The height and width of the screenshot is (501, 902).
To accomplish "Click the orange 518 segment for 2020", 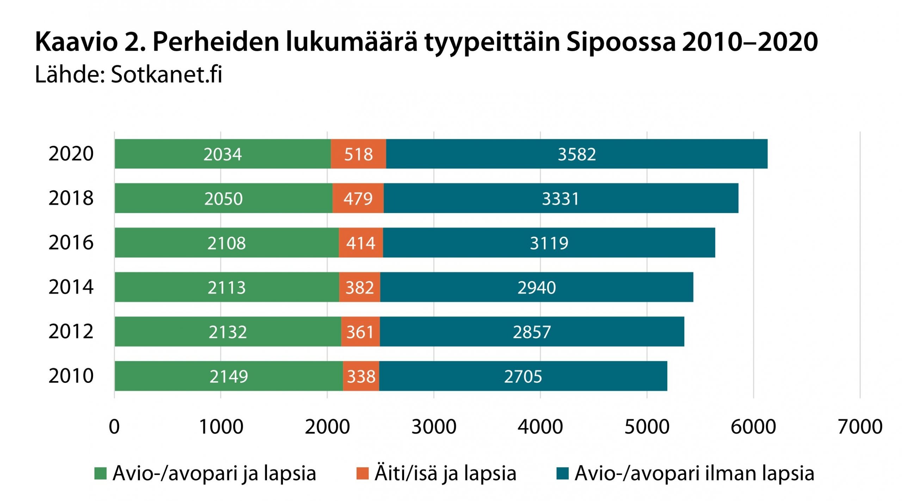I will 358,154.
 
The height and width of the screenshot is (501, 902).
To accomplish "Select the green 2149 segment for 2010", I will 228,376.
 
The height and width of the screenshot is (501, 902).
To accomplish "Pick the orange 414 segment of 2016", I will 361,243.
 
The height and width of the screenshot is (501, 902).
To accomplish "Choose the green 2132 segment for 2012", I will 228,332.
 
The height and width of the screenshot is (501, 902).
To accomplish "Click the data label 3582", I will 577,154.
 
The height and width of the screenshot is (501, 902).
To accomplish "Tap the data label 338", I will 361,377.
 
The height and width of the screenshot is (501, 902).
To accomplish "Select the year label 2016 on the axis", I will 71,243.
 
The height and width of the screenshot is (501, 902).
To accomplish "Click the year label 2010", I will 71,376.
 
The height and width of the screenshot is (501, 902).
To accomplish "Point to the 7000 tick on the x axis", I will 860,427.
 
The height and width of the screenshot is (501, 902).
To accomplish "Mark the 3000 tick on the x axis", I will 434,427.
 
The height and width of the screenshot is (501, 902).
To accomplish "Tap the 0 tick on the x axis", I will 114,427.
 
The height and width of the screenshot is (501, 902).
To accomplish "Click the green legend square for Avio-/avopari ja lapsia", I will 100,473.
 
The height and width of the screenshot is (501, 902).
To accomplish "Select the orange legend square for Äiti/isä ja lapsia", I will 362,473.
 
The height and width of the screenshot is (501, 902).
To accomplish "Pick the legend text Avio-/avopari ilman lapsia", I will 694,473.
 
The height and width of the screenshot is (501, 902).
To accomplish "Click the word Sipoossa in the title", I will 621,42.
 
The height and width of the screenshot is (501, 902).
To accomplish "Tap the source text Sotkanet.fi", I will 166,74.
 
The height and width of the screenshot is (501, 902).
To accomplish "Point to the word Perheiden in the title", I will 216,42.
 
